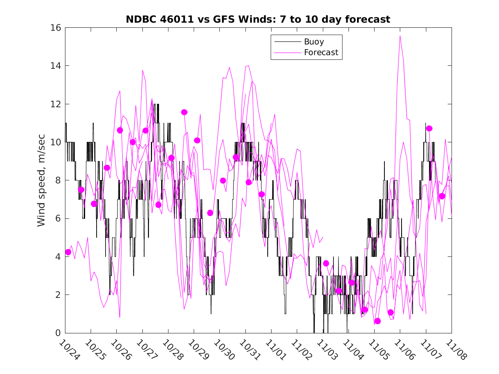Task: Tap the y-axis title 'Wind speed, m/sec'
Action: (41, 180)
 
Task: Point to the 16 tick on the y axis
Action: (56, 28)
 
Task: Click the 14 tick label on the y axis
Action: (56, 66)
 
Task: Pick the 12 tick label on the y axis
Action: (56, 104)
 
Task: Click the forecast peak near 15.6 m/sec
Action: (400, 35)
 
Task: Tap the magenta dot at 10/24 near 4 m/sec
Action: (68, 252)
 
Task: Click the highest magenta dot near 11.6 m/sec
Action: (184, 112)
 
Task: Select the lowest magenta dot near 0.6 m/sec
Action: (378, 321)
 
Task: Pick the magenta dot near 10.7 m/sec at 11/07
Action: (429, 128)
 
